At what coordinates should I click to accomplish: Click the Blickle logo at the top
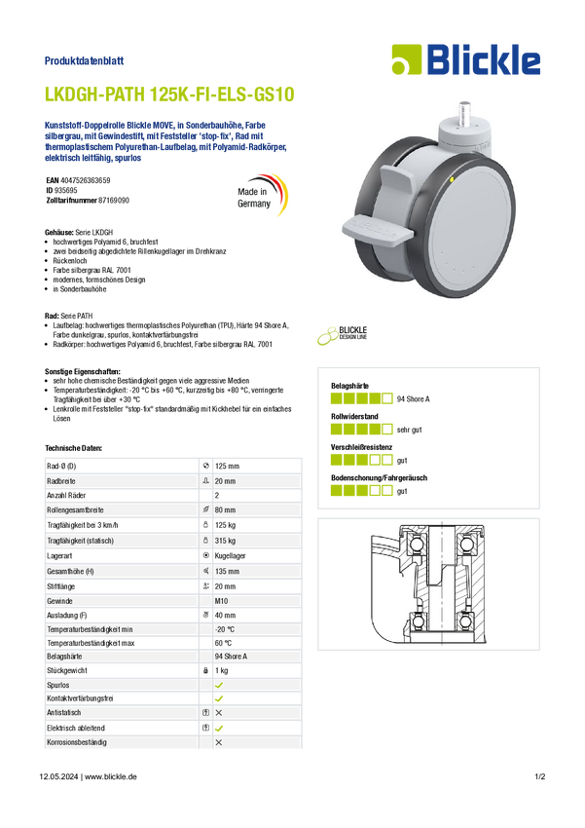click(x=466, y=59)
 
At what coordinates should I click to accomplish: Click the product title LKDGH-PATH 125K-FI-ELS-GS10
click(x=169, y=94)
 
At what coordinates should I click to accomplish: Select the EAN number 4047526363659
click(x=86, y=180)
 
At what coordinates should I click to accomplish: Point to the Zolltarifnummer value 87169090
click(x=114, y=201)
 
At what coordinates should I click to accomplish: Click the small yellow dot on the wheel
click(x=452, y=180)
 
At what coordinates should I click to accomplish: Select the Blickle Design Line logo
click(x=343, y=335)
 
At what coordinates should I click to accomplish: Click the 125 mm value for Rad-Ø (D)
click(x=227, y=467)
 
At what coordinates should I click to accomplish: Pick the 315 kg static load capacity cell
click(x=225, y=541)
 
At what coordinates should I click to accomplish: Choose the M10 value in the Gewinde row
click(x=221, y=601)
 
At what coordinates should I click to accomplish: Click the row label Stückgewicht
click(x=67, y=670)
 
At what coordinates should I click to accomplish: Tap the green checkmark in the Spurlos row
click(x=219, y=685)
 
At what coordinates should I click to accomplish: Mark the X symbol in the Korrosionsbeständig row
click(x=219, y=742)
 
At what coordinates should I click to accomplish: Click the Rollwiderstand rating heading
click(x=354, y=417)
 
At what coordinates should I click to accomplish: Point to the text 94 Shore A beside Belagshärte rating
click(x=413, y=399)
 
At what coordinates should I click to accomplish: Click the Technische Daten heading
click(x=73, y=448)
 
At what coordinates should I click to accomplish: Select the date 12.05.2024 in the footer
click(x=58, y=776)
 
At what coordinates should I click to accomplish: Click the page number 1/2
click(x=540, y=776)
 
